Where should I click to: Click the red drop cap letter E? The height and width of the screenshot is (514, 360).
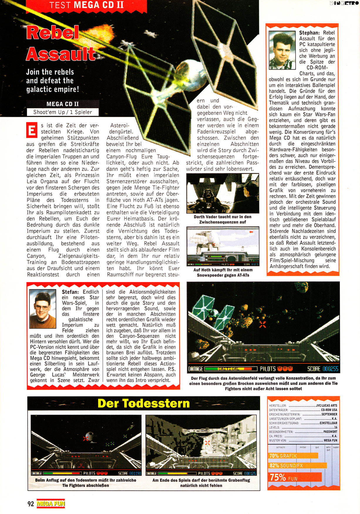(32, 130)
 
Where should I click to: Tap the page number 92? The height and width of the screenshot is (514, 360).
(31, 504)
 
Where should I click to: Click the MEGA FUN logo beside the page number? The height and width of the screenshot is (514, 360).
(51, 504)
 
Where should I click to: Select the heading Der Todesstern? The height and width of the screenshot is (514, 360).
(144, 403)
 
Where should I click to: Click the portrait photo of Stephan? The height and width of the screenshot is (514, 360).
(282, 50)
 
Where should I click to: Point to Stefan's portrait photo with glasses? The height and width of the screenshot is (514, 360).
(43, 309)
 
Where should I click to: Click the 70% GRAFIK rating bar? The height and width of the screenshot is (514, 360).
(293, 456)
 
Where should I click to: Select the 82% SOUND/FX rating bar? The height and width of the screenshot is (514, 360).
(297, 465)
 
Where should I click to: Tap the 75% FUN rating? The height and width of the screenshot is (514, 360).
(295, 477)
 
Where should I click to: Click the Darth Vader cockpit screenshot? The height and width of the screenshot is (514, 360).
(223, 193)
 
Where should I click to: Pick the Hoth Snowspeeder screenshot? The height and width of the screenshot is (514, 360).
(223, 246)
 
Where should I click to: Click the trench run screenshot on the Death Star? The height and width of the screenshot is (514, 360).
(201, 445)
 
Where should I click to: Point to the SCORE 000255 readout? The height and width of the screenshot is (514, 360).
(323, 369)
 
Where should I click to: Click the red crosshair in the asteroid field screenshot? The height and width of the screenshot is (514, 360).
(263, 324)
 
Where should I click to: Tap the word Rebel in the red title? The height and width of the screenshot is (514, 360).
(53, 33)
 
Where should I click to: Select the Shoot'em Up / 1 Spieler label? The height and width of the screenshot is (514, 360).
(63, 112)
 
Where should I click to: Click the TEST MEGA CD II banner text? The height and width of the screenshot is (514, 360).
(86, 5)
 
